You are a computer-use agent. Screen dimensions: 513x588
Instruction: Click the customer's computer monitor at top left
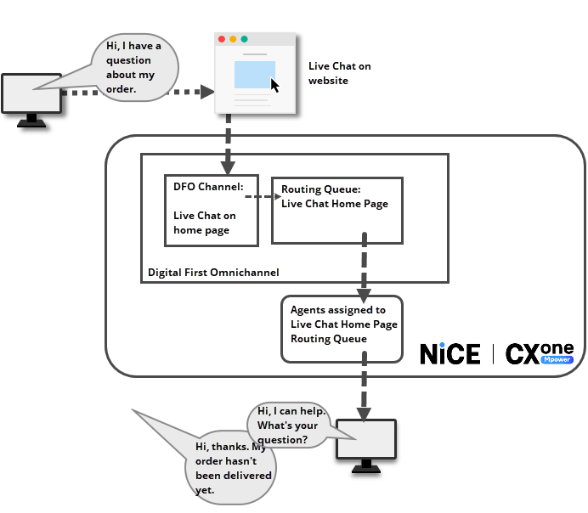[31, 94]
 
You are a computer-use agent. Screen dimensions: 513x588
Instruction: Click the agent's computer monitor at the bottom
[366, 439]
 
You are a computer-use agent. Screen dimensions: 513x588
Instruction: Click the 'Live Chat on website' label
[339, 74]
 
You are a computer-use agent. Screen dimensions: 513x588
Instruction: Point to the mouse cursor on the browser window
[274, 85]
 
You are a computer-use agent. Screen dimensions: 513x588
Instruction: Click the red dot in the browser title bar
[222, 40]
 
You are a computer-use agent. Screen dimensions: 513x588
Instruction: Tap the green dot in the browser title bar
[245, 40]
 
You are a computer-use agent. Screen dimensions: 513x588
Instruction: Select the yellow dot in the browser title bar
[233, 40]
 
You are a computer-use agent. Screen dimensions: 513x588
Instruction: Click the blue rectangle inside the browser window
[254, 74]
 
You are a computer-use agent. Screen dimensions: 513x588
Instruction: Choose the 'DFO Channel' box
[211, 210]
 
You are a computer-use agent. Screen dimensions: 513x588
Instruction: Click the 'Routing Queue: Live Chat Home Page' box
[336, 210]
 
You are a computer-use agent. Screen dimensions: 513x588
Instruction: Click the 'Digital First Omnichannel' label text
[213, 273]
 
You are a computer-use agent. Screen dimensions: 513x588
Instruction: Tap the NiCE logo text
[449, 353]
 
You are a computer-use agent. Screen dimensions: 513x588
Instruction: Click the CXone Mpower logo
[540, 353]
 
